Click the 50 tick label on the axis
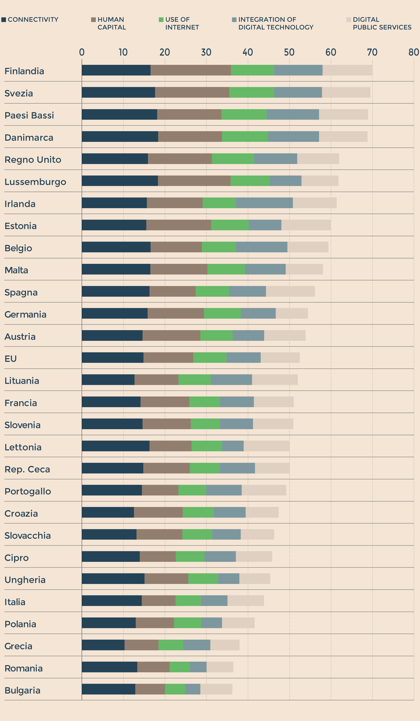coord(289,52)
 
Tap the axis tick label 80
coord(413,52)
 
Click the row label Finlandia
coord(24,71)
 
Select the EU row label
coord(11,359)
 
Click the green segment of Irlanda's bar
coord(219,203)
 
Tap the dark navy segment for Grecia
coord(103,645)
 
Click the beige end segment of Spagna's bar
coord(290,291)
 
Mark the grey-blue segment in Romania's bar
coord(198,667)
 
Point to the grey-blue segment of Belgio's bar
coord(261,247)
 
